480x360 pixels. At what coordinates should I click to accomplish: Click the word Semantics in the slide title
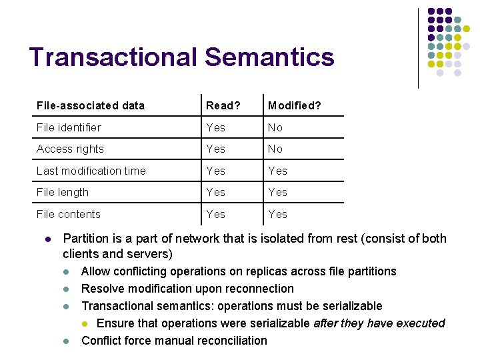pos(269,57)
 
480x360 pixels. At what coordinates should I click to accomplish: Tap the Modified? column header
pos(294,105)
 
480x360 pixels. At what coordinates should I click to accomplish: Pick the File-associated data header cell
pos(91,105)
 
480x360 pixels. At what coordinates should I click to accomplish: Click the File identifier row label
pos(69,127)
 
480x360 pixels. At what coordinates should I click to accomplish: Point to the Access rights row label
pos(70,149)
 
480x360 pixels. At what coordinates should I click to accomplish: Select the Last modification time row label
pos(91,171)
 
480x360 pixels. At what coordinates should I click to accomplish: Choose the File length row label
pos(62,192)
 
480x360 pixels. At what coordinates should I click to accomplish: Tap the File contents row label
pos(68,214)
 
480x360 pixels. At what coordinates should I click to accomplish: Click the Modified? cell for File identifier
pos(275,127)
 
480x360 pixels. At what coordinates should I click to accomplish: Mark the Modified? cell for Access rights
pos(275,149)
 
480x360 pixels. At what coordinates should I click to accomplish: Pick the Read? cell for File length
pos(216,192)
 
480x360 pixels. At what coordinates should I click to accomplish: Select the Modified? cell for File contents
pos(277,214)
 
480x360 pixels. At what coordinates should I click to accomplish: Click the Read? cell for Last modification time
pos(216,171)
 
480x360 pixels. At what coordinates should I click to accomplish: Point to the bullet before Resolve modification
pos(67,289)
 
